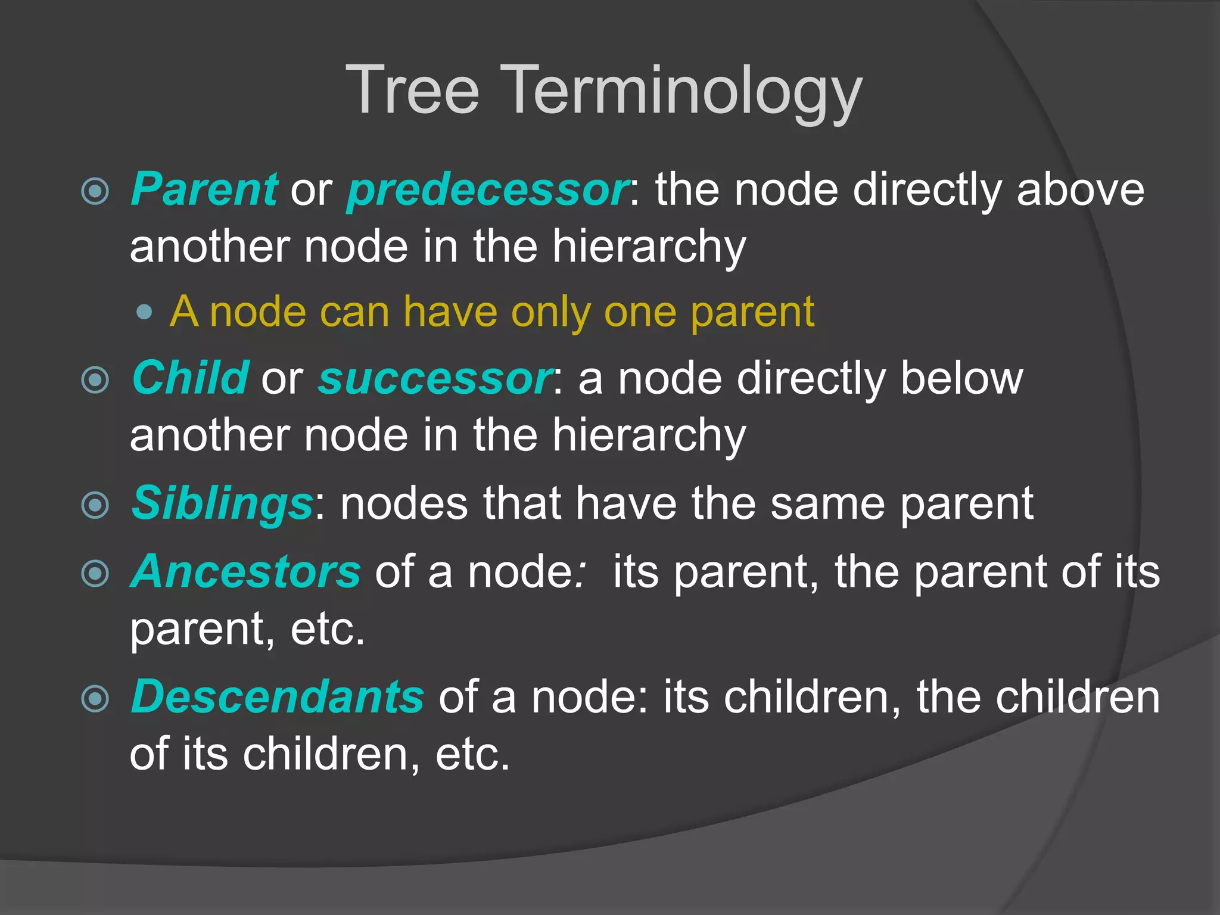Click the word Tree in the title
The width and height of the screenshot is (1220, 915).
pos(412,91)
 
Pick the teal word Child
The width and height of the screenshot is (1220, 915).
pos(190,378)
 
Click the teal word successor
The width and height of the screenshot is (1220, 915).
pos(435,379)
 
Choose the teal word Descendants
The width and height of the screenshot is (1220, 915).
pos(277,696)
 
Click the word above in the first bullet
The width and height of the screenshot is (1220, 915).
pos(1080,189)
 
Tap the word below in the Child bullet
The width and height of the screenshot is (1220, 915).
pos(961,378)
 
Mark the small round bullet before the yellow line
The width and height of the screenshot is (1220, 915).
pos(144,312)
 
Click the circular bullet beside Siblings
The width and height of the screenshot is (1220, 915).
pos(95,505)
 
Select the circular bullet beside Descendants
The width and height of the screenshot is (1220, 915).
pos(95,698)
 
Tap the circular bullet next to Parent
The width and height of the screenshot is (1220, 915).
pos(95,191)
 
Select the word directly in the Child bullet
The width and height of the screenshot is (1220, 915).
pos(811,379)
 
